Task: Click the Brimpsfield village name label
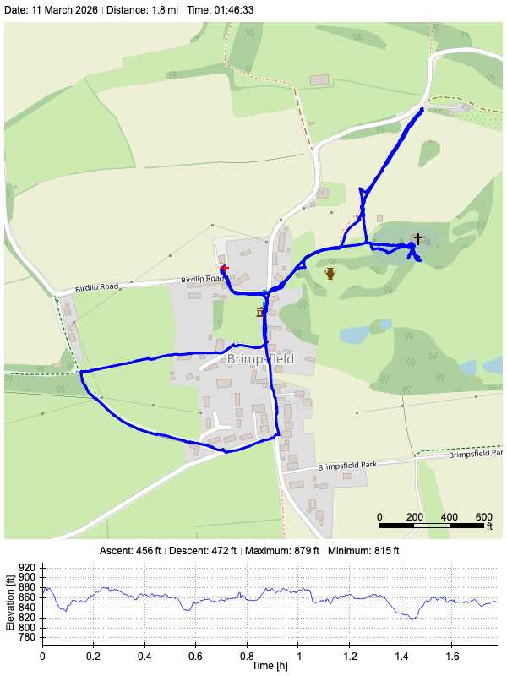coord(260,359)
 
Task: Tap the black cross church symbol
coord(417,239)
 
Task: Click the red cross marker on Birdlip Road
coord(225,268)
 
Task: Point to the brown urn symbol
coord(330,273)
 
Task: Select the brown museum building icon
coord(260,313)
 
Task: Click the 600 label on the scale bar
coord(484,516)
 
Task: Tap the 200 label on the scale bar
coord(414,516)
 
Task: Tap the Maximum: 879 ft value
coord(281,551)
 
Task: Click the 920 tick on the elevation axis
coord(27,568)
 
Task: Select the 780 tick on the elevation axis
coord(27,638)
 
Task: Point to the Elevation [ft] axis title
coord(9,603)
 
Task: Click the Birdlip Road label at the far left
coord(97,288)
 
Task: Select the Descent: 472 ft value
coord(204,551)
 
